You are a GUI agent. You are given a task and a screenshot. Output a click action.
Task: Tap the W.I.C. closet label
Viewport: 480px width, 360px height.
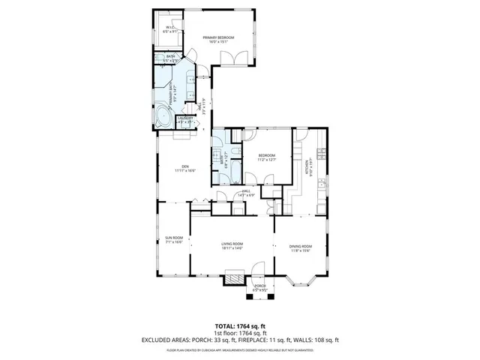coord(170,28)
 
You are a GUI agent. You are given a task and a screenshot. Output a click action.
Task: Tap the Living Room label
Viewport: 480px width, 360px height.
coord(232,244)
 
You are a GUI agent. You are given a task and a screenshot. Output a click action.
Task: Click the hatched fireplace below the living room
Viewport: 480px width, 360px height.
coord(235,279)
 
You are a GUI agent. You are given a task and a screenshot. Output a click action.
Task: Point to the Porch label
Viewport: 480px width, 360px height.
coord(260,286)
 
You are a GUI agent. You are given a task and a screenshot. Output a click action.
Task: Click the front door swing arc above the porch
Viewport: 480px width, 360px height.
coord(259,268)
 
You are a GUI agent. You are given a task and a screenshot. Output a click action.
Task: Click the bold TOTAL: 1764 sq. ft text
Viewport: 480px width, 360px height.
coord(240,326)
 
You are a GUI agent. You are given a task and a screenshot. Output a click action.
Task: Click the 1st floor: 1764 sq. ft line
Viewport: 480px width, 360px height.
coord(240,333)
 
